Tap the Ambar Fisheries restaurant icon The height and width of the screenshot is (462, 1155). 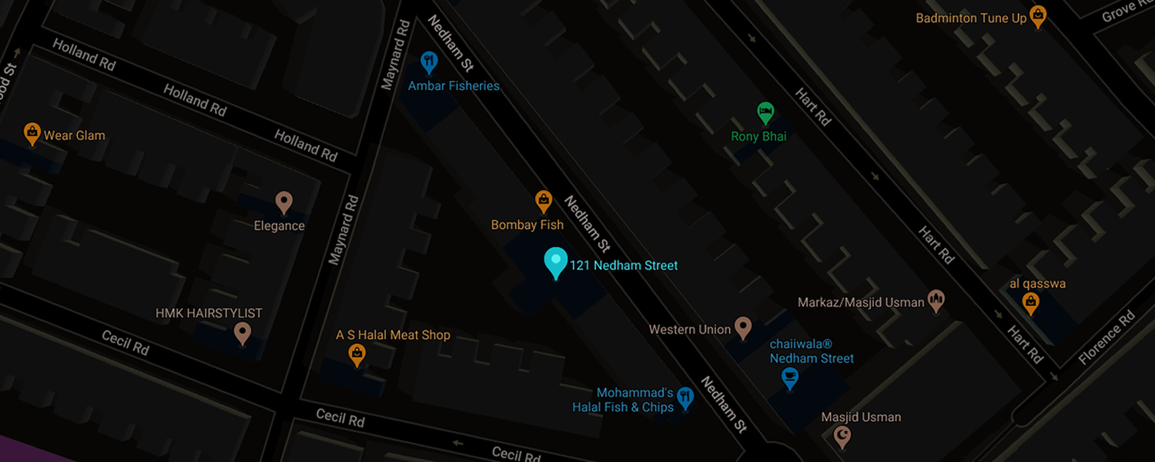pyautogui.click(x=430, y=62)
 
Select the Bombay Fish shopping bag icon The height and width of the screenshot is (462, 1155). pyautogui.click(x=544, y=202)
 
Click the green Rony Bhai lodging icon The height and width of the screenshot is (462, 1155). pyautogui.click(x=765, y=113)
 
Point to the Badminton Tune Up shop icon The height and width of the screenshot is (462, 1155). pyautogui.click(x=1038, y=16)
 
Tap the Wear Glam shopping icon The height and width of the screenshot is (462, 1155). pyautogui.click(x=32, y=134)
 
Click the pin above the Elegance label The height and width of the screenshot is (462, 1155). pyautogui.click(x=283, y=203)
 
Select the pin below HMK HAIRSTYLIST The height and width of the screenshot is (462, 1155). pyautogui.click(x=243, y=333)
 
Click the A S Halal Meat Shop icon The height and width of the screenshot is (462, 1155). pyautogui.click(x=357, y=354)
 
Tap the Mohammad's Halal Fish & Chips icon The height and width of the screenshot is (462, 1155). pyautogui.click(x=685, y=398)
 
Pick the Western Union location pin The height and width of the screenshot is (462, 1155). pyautogui.click(x=743, y=328)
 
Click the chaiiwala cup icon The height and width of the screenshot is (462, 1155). pyautogui.click(x=789, y=378)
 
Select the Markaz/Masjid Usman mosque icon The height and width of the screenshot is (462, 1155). pyautogui.click(x=936, y=301)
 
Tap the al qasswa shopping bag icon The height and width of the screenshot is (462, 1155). pyautogui.click(x=1030, y=303)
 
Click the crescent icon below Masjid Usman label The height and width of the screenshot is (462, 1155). pyautogui.click(x=843, y=437)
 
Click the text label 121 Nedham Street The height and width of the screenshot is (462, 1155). pyautogui.click(x=624, y=266)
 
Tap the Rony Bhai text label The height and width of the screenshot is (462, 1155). pyautogui.click(x=758, y=136)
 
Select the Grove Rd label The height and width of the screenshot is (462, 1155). pyautogui.click(x=1129, y=12)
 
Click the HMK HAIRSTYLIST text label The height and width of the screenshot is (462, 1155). pyautogui.click(x=209, y=313)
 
